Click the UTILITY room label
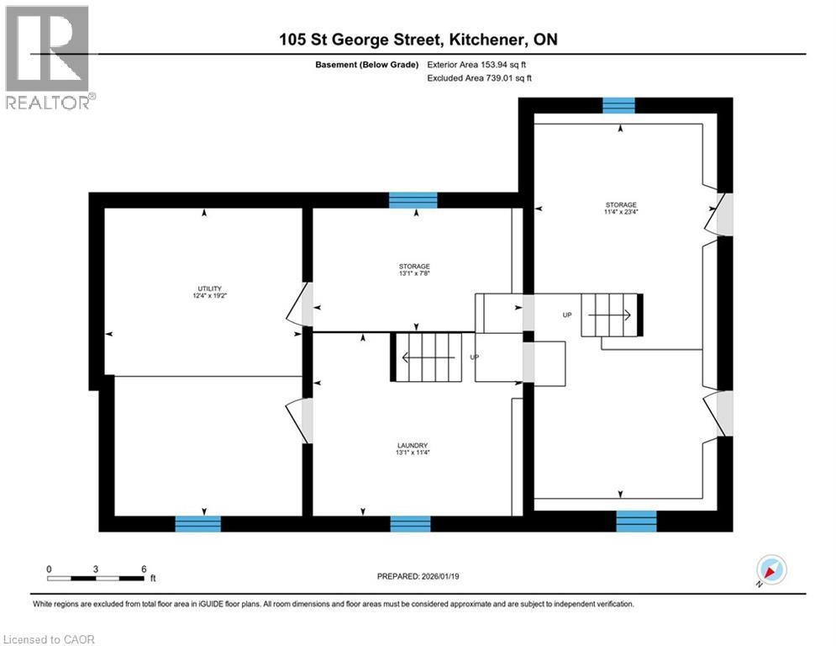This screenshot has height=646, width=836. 204,289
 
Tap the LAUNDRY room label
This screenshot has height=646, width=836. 413,445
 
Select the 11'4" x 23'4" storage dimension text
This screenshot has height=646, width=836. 621,212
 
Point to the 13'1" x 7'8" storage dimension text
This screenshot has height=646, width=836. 413,273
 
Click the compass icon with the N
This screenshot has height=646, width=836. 770,569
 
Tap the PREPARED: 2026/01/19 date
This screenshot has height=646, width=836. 421,576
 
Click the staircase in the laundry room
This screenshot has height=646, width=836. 429,357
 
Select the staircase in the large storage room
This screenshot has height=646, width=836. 612,315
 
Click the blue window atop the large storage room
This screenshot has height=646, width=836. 619,104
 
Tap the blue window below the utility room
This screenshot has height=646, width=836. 198,523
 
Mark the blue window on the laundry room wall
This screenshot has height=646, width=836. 411,523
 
